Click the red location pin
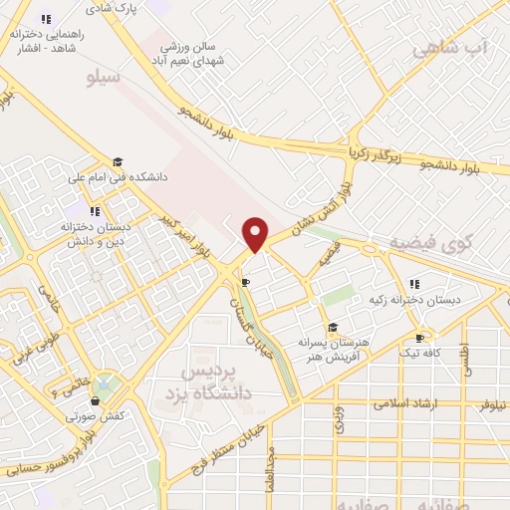[x=256, y=234]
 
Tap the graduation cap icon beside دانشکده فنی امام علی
[x=118, y=162]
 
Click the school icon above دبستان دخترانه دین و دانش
[x=96, y=211]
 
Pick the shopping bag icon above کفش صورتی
[x=95, y=401]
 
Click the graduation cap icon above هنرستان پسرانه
[x=332, y=327]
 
